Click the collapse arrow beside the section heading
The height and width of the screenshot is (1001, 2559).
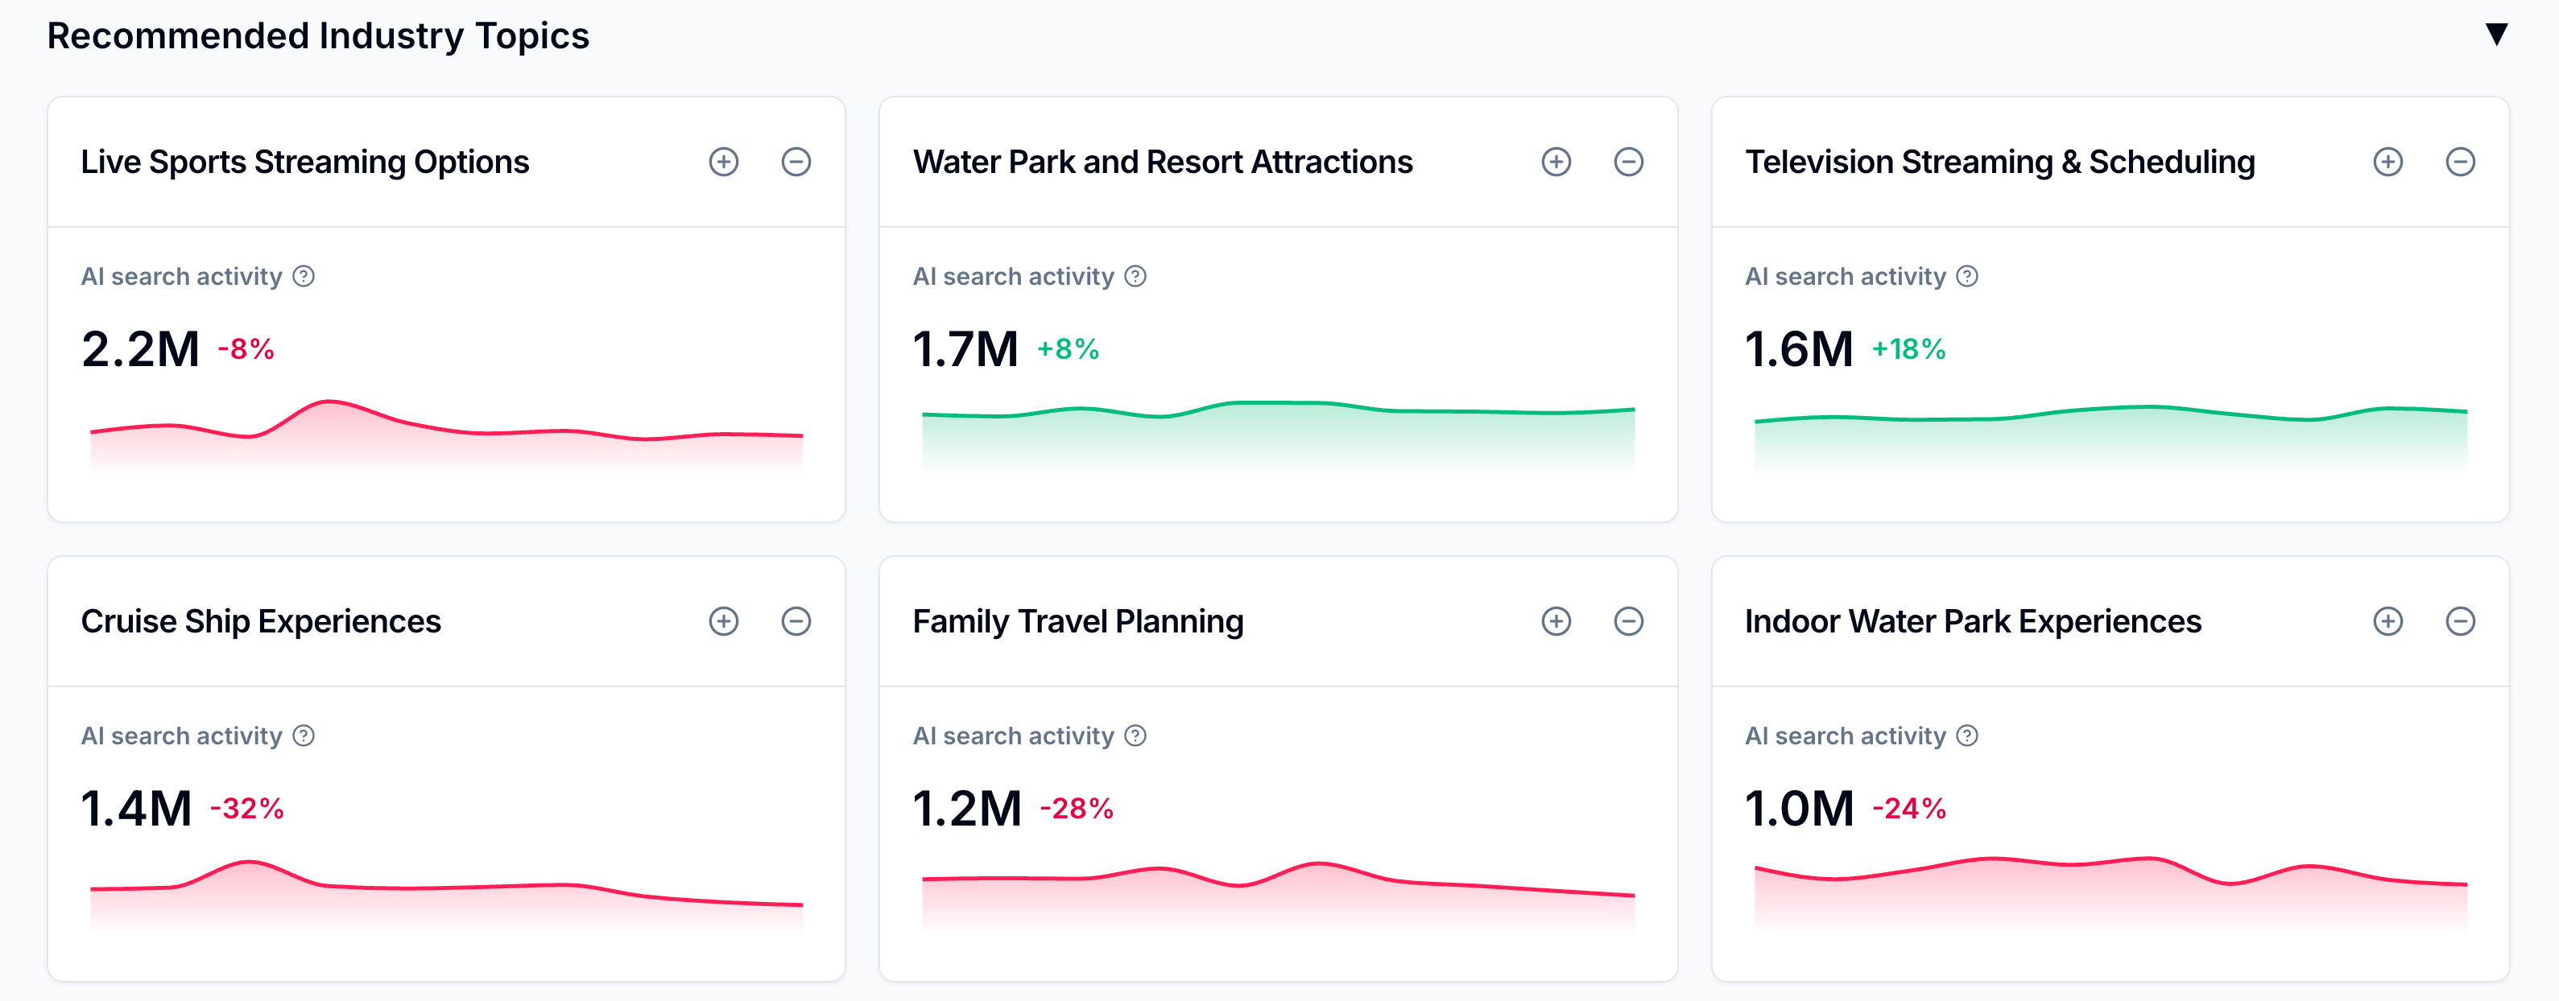2495,35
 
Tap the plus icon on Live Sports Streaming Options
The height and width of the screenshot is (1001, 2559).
723,162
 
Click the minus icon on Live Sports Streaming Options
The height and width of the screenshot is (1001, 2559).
796,162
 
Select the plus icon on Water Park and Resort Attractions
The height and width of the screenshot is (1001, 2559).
1556,162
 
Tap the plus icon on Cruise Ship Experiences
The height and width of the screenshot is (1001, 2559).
723,622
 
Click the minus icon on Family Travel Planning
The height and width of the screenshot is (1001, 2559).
1628,622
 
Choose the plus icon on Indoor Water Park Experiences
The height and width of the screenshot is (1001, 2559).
2387,622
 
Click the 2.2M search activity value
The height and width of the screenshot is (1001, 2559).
140,349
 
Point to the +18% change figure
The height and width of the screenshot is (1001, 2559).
1908,349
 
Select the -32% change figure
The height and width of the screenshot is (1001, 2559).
247,809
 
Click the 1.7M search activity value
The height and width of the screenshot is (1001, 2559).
965,349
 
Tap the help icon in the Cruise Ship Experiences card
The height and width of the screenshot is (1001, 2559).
304,735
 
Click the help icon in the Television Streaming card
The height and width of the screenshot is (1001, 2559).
1967,276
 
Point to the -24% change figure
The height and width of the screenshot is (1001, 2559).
1909,809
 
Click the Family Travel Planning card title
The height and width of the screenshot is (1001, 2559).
1078,622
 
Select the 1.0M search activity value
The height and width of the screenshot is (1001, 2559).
1799,809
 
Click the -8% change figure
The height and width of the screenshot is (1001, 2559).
246,349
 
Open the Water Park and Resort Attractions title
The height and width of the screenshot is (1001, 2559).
1162,162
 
